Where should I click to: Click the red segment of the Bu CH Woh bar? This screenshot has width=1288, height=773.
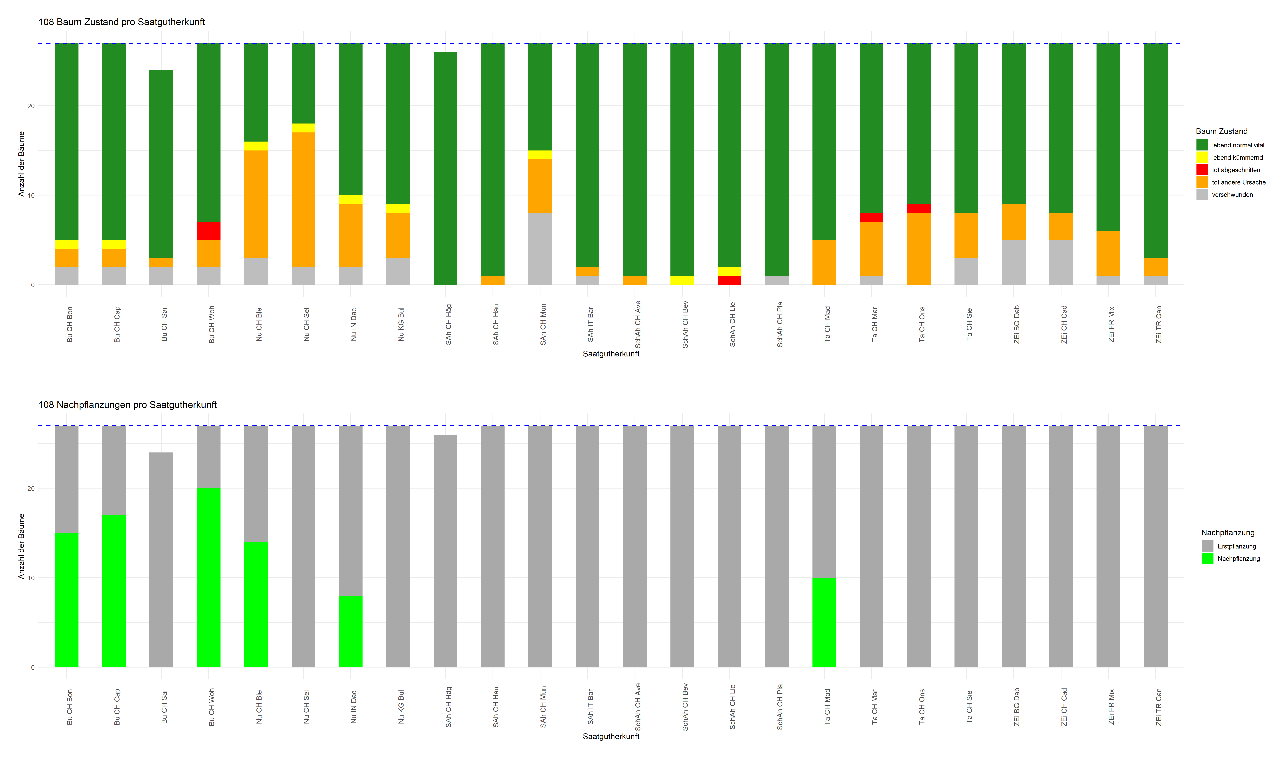tap(208, 231)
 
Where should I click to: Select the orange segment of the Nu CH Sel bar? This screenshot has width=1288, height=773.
tap(303, 199)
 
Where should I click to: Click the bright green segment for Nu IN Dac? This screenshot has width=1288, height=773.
tap(350, 631)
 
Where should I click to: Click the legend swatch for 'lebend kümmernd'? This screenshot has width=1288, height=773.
tap(1202, 157)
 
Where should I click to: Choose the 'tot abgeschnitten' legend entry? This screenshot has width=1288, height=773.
tap(1235, 170)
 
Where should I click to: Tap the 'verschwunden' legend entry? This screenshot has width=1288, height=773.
tap(1232, 195)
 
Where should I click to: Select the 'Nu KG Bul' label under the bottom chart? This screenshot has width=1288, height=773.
tap(401, 707)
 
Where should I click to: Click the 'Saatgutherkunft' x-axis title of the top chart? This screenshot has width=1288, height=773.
tap(611, 354)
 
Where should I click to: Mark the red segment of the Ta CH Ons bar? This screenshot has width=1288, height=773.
tap(918, 208)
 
